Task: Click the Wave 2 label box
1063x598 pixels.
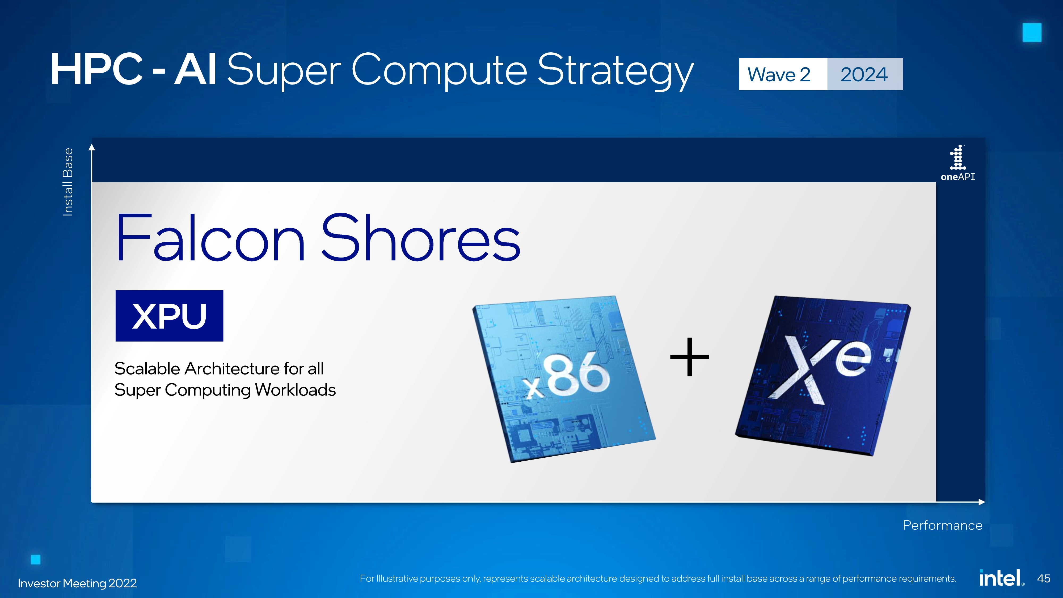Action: [783, 74]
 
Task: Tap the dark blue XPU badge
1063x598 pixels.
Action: [169, 316]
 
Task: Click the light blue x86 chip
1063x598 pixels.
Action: [564, 379]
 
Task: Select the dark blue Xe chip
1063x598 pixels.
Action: [823, 376]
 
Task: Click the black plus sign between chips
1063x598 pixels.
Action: [689, 357]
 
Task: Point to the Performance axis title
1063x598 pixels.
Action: [943, 525]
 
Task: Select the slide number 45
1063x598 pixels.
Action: [1044, 579]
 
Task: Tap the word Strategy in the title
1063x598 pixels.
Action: [616, 71]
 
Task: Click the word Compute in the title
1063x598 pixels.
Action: [439, 71]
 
